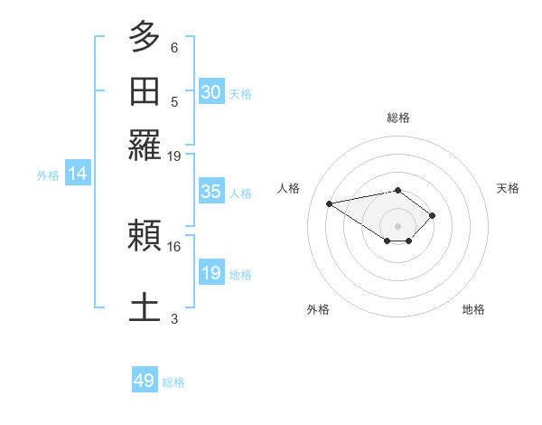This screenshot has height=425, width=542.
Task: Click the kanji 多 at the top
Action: point(145,39)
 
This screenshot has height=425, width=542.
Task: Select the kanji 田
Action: point(145,91)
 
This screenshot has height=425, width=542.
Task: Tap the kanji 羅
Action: point(145,144)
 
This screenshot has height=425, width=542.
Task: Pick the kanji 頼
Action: point(145,237)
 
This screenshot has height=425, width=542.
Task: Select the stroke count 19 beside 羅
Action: point(174,156)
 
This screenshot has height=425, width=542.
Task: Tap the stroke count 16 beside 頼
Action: point(174,246)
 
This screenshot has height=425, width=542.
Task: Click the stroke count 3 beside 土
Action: point(174,318)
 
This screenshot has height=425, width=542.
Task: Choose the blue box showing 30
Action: point(210,92)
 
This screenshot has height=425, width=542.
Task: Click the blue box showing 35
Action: point(210,192)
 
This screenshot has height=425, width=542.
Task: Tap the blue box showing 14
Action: point(78,175)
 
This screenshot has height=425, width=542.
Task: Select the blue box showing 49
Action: point(145,381)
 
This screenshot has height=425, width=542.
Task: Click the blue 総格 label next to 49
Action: point(173,382)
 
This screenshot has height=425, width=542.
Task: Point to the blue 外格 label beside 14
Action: point(48,175)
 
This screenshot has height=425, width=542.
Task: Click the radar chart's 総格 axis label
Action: point(398,118)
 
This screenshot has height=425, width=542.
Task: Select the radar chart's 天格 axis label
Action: point(508,188)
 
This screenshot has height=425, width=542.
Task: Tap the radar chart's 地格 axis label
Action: point(473,309)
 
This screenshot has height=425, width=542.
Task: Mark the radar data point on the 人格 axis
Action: point(330,203)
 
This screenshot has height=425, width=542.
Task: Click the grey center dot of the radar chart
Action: point(398,225)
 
